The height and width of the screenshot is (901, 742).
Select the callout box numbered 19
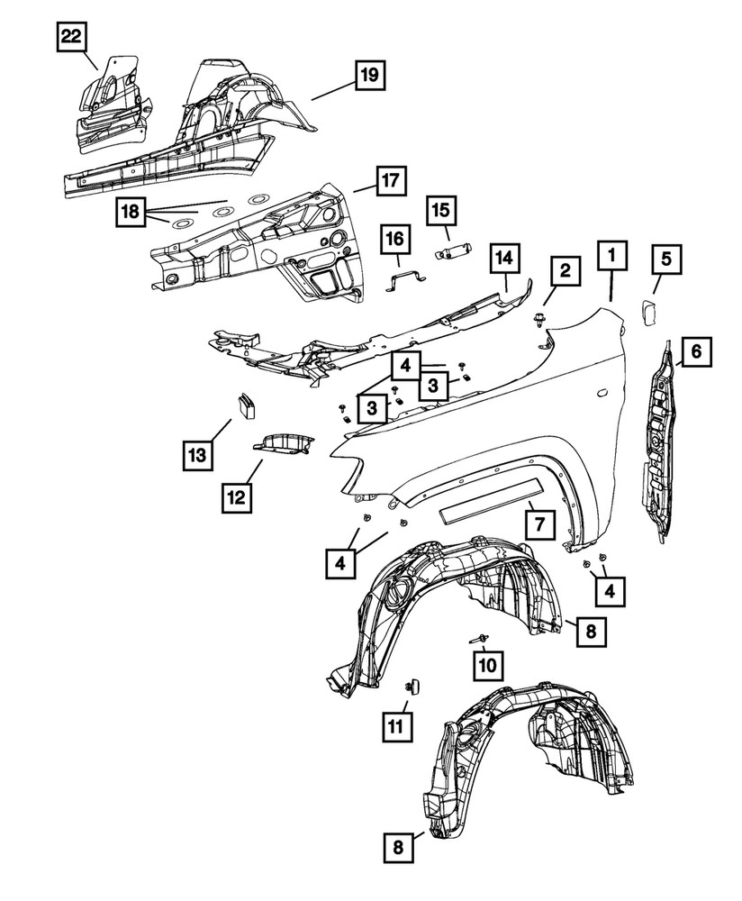[x=368, y=75]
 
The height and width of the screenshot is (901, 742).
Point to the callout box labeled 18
[x=131, y=213]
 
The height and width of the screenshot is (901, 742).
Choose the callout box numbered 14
[x=505, y=259]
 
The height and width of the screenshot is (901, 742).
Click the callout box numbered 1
[x=612, y=256]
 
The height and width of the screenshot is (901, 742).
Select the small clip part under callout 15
[x=453, y=251]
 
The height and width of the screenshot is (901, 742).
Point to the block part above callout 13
[x=245, y=405]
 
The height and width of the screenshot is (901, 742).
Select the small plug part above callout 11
[x=415, y=687]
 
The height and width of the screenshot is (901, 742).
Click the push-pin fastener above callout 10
[x=479, y=637]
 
